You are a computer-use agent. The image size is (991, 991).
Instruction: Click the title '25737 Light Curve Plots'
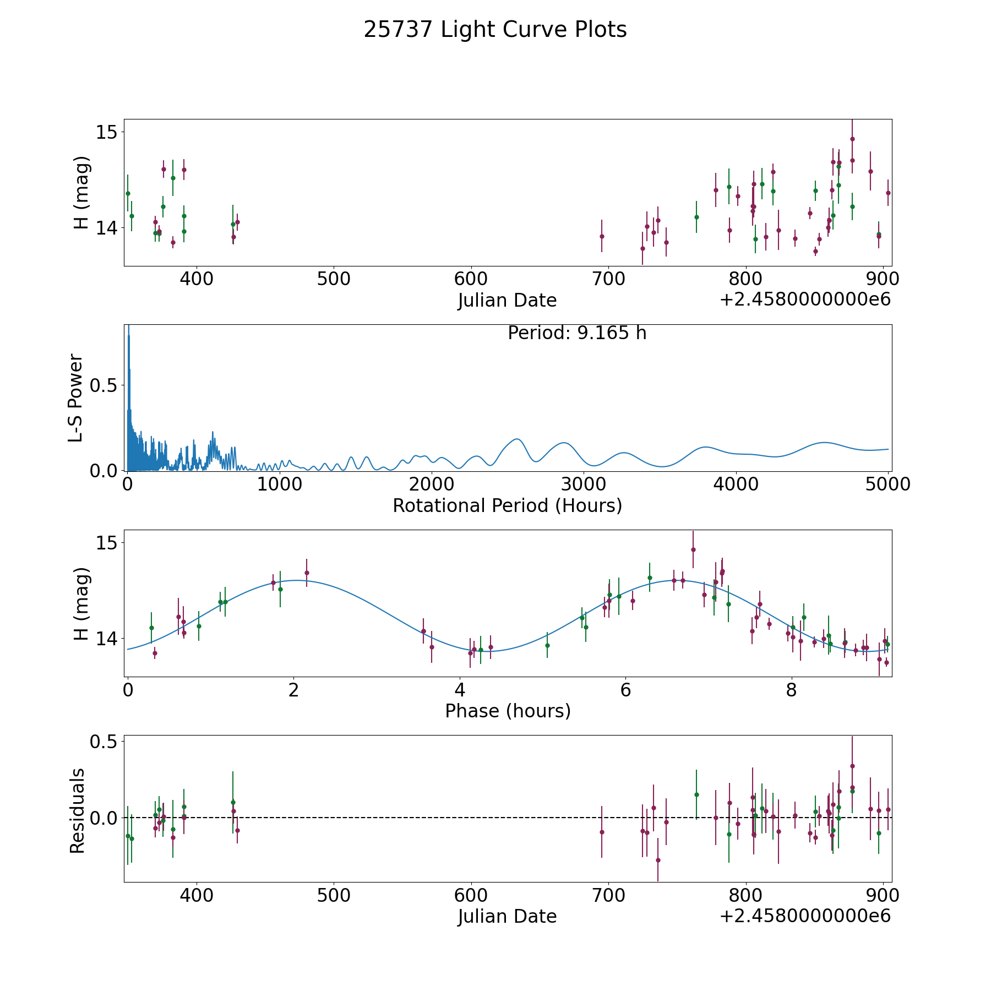coord(495,30)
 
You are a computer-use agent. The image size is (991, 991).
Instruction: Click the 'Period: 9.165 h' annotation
coord(577,333)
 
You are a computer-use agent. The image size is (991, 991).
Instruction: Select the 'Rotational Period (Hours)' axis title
coord(507,505)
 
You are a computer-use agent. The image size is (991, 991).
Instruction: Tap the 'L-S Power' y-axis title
coord(75,398)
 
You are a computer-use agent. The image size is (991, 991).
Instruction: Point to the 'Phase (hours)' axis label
coord(508,711)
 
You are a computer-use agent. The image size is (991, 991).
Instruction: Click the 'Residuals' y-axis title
coord(77,810)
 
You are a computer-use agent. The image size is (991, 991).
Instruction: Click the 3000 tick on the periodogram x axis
coord(584,484)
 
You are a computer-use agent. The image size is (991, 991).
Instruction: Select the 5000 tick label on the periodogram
coord(887,484)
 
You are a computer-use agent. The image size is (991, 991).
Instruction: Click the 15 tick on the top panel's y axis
coord(106,132)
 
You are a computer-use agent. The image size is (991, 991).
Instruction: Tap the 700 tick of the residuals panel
coord(608,895)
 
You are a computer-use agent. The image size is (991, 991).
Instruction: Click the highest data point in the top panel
coord(852,139)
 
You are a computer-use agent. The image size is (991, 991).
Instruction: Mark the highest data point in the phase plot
coord(693,549)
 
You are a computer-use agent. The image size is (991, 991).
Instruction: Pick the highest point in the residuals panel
coord(852,766)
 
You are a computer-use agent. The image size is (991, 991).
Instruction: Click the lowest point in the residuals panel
coord(658,860)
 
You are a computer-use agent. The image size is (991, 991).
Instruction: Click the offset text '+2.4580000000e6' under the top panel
coord(805,300)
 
